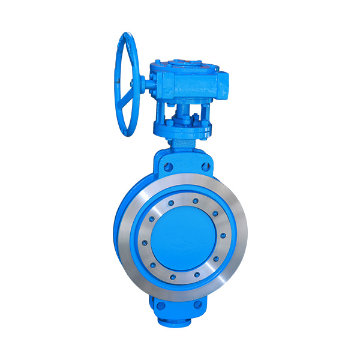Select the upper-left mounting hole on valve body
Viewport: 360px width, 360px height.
click(x=169, y=167)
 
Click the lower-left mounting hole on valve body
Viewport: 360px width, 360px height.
click(x=161, y=306)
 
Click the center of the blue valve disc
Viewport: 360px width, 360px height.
click(x=179, y=237)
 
